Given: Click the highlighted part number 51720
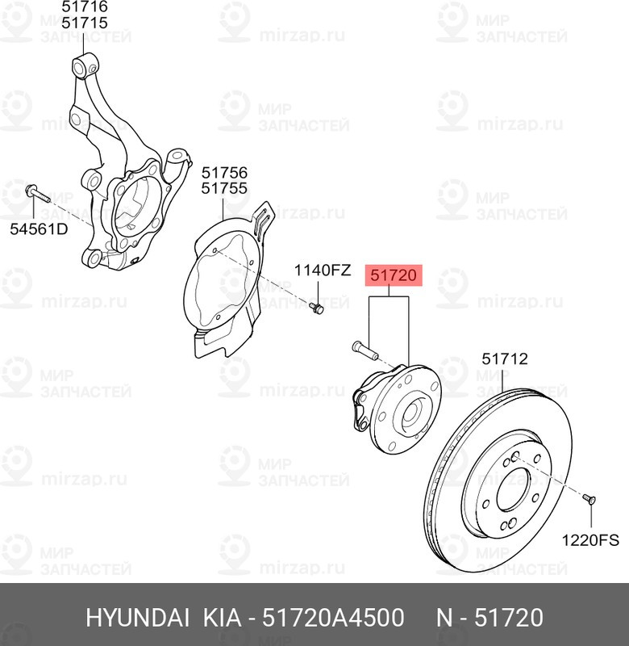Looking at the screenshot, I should pos(393,276).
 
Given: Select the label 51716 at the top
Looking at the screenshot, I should pos(85,7).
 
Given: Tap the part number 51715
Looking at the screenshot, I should pos(85,23).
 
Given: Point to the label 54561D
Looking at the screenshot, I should pos(39,229).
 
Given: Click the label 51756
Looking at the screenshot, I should pos(224,173).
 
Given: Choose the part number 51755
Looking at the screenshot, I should pos(224,189).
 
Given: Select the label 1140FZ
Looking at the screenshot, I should pos(321,271).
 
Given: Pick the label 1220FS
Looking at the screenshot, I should pos(591,536).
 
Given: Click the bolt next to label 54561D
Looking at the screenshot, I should pos(37,194).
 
